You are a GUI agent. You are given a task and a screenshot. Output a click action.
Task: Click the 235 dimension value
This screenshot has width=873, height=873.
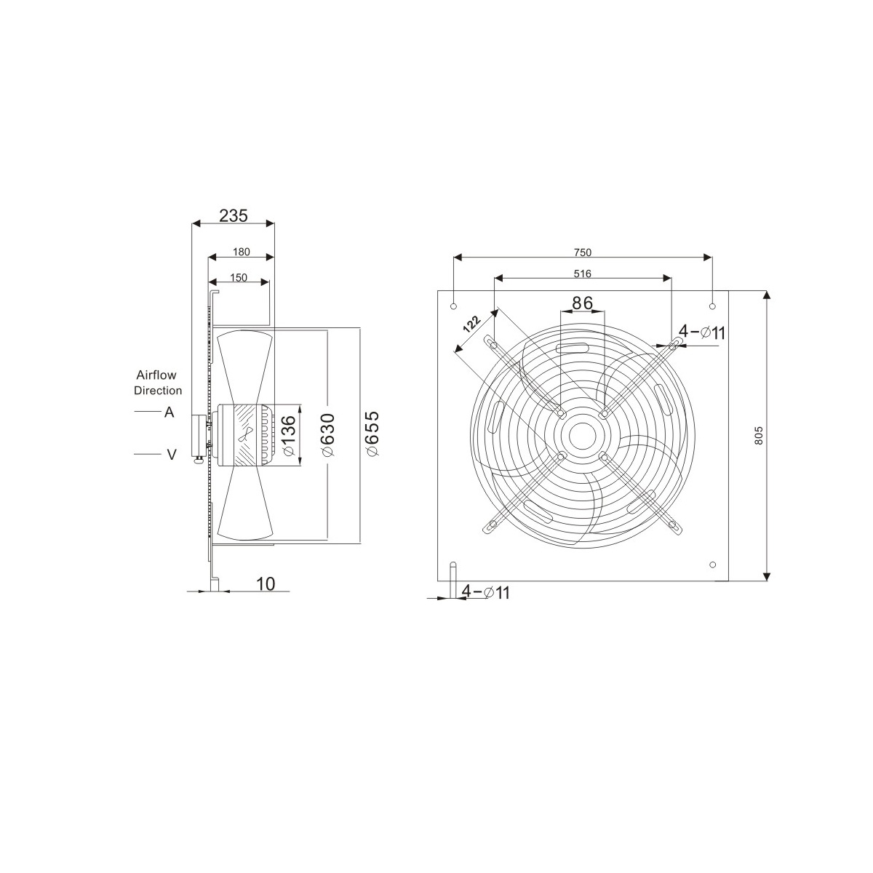(234, 215)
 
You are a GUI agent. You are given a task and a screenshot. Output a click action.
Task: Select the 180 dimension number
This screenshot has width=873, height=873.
(241, 252)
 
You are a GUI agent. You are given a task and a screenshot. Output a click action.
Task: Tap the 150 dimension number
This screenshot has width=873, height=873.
(239, 278)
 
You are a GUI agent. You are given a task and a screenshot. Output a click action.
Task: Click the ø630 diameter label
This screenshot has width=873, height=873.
(327, 435)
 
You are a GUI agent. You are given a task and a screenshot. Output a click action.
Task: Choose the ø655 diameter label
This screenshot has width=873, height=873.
(372, 434)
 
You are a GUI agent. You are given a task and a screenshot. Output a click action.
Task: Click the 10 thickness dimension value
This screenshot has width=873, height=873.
(266, 584)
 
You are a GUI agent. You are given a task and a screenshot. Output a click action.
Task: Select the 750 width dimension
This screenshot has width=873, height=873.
(583, 252)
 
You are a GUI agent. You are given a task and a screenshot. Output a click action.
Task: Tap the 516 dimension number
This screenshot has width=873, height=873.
(583, 274)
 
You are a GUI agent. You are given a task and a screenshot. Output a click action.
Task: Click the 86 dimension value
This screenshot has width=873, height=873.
(582, 303)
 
